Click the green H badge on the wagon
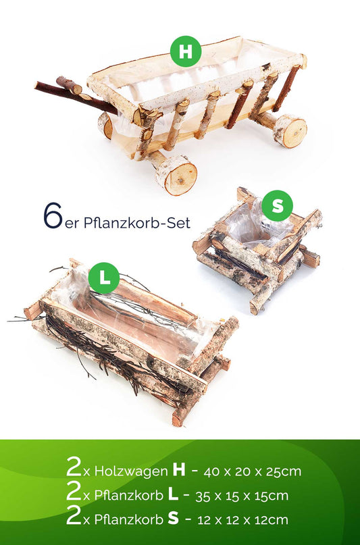186,51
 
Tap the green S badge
278,206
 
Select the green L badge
104,278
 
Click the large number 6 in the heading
53,215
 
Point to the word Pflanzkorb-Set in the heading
137,223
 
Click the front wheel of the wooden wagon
176,175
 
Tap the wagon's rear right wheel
291,131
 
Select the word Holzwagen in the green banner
131,471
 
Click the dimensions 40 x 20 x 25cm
253,471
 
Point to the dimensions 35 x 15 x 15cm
242,496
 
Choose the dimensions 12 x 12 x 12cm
243,520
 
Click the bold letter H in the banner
179,470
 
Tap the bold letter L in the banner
173,494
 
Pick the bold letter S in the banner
173,519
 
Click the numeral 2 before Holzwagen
74,467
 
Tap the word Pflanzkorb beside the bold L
128,496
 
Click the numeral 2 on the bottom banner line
74,515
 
